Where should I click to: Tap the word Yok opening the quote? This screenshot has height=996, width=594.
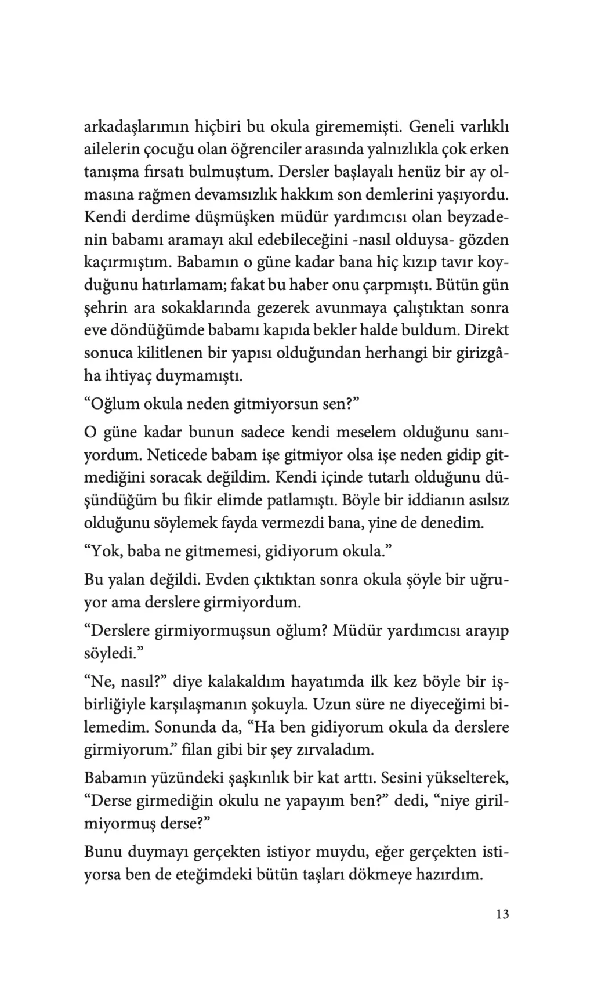coord(105,551)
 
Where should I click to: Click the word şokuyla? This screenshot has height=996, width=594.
coord(280,704)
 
